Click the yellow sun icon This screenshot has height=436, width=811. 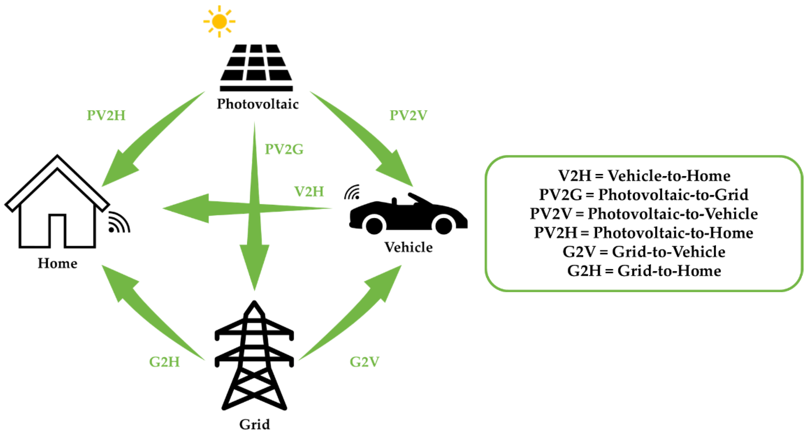219,22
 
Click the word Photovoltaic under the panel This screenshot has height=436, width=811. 258,104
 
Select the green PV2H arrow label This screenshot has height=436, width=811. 106,115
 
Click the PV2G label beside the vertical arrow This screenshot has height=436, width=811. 284,149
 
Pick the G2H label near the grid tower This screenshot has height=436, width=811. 164,362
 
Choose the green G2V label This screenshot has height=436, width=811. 364,362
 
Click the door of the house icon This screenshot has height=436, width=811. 57,232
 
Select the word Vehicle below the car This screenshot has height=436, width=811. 408,247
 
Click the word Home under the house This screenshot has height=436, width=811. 57,263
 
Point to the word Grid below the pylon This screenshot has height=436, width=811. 254,424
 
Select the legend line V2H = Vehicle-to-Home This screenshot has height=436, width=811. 644,176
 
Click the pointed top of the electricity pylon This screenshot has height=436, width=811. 254,304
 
